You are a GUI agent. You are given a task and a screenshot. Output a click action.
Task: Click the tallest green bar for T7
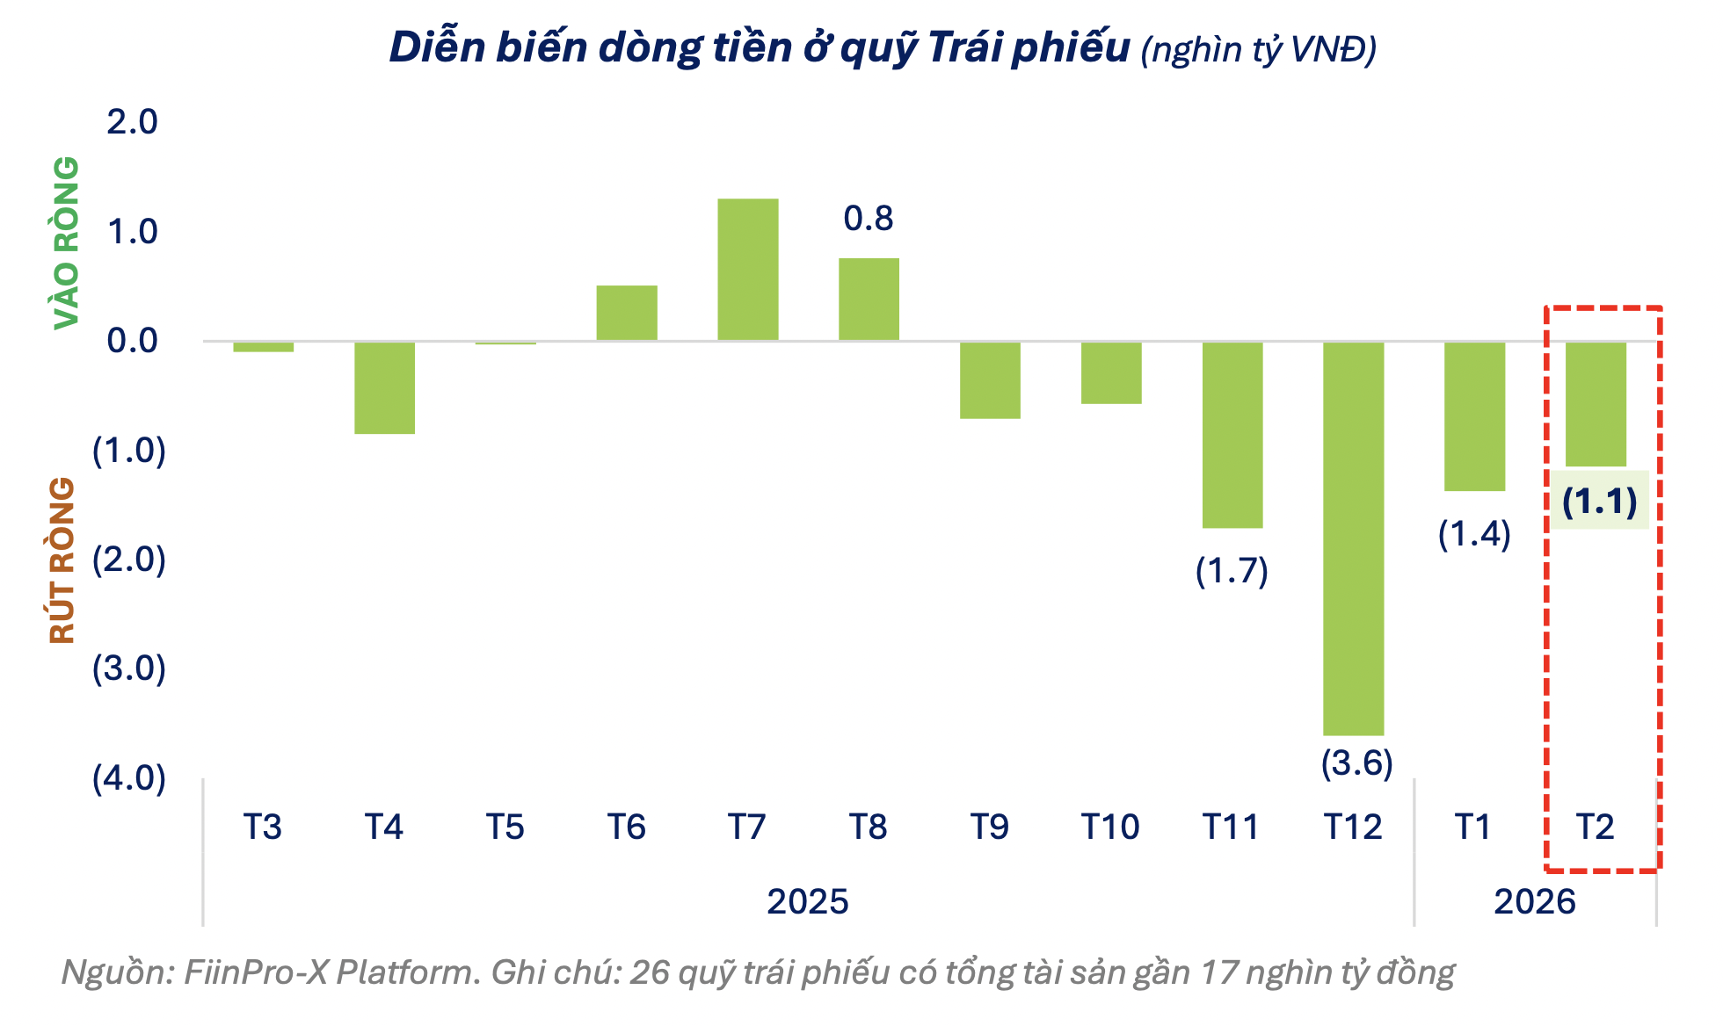point(747,270)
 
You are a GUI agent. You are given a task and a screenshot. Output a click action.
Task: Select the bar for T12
point(1353,538)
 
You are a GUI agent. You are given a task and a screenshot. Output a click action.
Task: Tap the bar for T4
point(384,387)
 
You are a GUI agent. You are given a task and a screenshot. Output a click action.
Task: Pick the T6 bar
point(626,313)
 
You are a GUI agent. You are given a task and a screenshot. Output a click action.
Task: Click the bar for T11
point(1232,435)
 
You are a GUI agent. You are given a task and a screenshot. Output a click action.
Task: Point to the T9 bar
point(990,380)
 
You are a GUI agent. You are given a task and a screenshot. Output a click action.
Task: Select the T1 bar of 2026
point(1474,415)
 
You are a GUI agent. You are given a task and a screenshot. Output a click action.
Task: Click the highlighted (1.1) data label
point(1599,502)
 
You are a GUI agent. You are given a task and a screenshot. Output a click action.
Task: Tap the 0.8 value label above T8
point(868,219)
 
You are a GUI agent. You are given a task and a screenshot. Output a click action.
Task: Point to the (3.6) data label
point(1356,762)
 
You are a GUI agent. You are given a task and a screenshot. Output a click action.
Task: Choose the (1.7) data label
point(1232,571)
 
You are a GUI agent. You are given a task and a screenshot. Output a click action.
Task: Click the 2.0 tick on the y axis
point(132,122)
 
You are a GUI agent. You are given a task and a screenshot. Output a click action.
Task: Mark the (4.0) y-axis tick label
point(129,778)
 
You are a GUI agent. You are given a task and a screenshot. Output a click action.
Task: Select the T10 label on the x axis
point(1109,827)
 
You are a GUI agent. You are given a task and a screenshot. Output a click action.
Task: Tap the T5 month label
point(505,827)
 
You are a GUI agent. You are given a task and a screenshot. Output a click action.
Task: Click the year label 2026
point(1534,902)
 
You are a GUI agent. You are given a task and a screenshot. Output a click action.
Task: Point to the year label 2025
point(807,902)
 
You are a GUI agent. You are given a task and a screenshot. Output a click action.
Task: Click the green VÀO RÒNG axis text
point(67,243)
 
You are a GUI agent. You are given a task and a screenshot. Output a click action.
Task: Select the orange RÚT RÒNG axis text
point(63,560)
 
